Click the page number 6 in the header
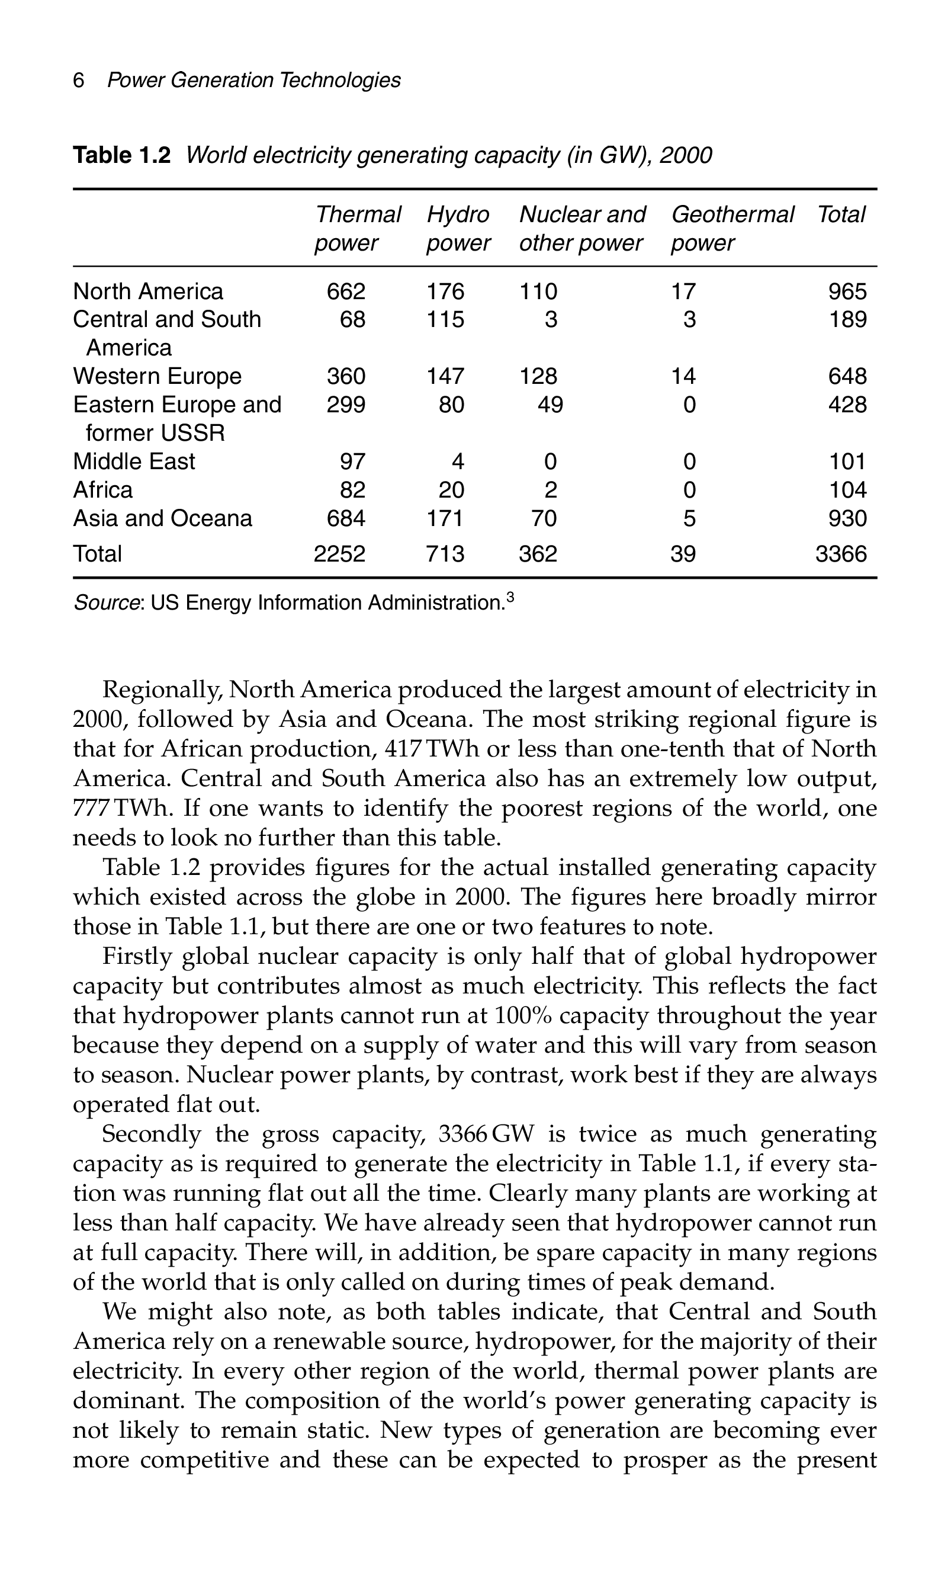79,81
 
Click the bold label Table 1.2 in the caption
122,155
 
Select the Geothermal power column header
732,229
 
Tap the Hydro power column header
458,229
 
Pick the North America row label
148,291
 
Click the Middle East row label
134,461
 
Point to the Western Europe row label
157,376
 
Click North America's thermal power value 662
346,291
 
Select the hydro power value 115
445,319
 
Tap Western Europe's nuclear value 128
538,376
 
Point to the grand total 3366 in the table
840,554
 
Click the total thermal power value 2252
340,554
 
